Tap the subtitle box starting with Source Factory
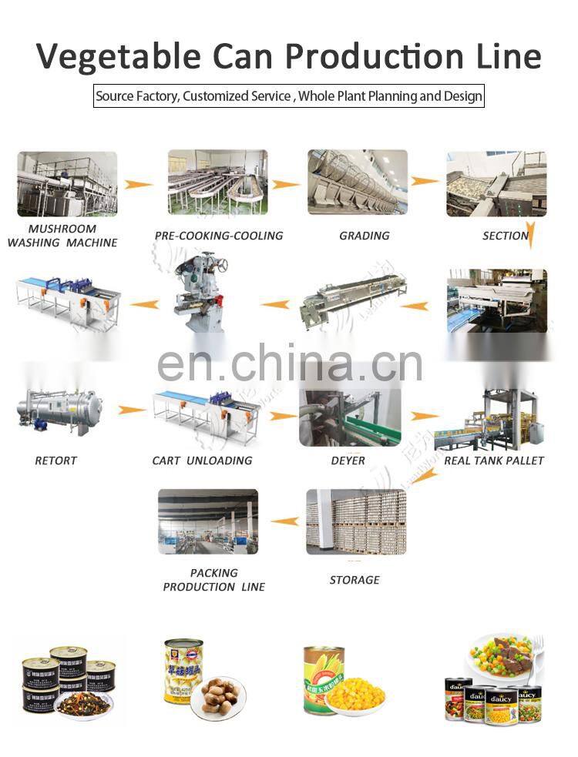(x=288, y=97)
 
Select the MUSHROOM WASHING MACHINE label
(x=62, y=236)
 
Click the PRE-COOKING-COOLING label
(x=219, y=236)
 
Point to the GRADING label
(x=365, y=236)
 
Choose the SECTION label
(x=506, y=236)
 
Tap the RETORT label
(x=56, y=461)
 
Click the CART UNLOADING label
(x=202, y=461)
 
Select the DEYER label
(x=348, y=461)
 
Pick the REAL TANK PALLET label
(x=494, y=461)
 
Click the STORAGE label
(x=355, y=580)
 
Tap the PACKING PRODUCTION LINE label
(x=214, y=580)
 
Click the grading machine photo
(x=357, y=183)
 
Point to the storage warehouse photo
(x=355, y=521)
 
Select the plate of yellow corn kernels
(x=356, y=695)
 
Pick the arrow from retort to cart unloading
(x=132, y=410)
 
